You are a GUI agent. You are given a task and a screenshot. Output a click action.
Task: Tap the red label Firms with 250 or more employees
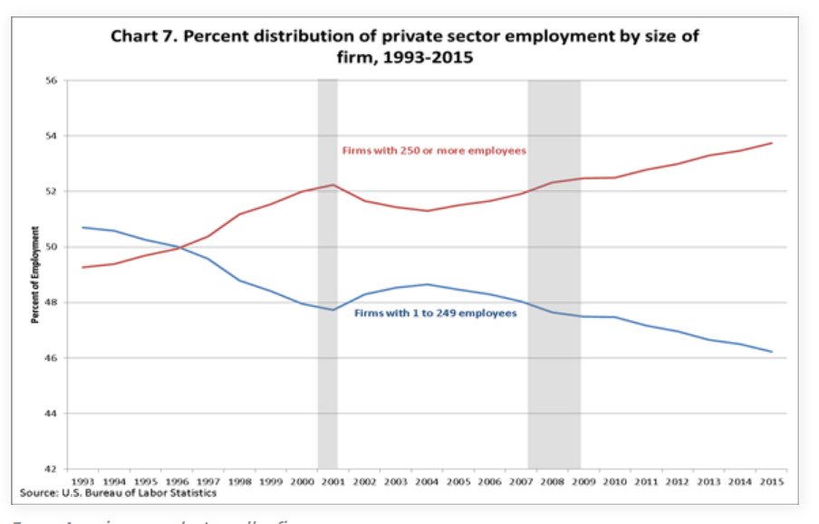(433, 150)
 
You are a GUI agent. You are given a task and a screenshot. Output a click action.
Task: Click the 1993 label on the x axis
(82, 481)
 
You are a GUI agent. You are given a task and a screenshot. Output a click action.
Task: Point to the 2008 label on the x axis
(553, 481)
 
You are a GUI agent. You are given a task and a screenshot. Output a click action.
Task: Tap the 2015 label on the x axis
(772, 481)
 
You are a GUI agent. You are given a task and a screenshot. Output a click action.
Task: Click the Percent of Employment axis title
(35, 275)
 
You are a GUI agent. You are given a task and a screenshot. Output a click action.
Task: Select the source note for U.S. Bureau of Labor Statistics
(119, 493)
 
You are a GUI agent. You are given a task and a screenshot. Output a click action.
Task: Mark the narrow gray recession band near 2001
(327, 272)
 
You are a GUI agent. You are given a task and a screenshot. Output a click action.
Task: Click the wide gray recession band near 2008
(554, 272)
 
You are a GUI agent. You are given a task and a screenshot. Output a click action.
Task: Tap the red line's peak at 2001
(333, 185)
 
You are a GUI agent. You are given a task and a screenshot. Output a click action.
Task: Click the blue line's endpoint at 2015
(772, 351)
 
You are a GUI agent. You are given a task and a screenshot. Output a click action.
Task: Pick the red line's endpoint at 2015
(772, 143)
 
